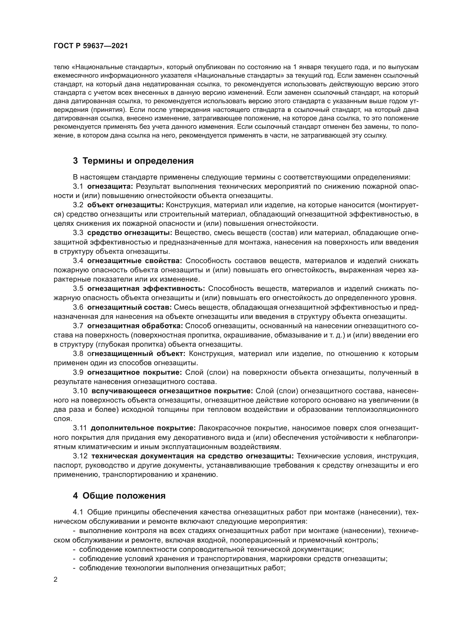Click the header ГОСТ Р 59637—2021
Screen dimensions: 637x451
(x=91, y=46)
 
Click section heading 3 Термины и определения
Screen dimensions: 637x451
(x=133, y=161)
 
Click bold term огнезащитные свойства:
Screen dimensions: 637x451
(x=134, y=261)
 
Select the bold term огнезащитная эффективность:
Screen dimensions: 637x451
(x=146, y=288)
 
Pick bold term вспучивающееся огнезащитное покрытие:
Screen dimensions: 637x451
(x=172, y=391)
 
